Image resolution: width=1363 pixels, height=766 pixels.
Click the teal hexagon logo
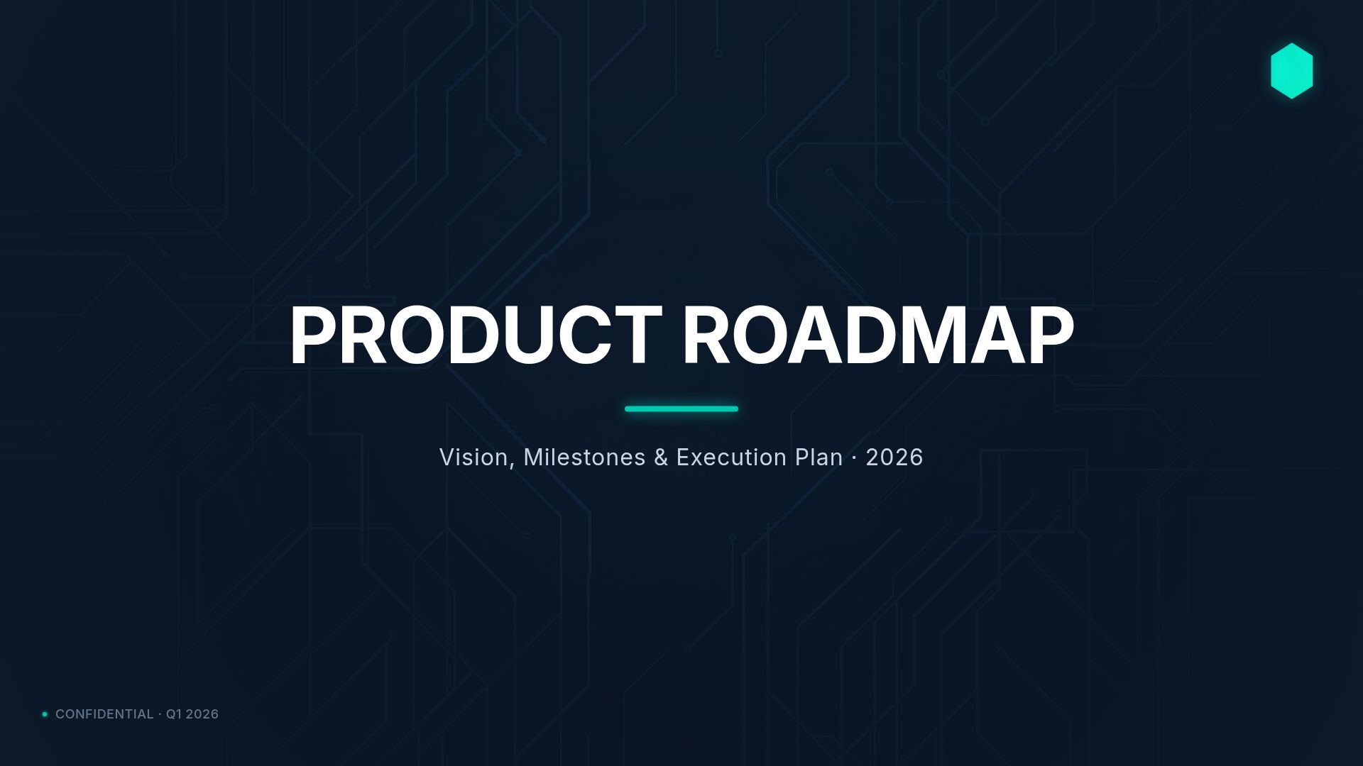pos(1291,71)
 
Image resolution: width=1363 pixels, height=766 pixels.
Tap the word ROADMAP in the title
pos(877,335)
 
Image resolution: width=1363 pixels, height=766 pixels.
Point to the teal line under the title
pos(681,409)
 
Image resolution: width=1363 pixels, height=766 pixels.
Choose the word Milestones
pos(584,457)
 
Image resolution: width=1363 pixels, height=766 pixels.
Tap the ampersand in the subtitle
pos(661,457)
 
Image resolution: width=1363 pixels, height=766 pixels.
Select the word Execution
pos(731,457)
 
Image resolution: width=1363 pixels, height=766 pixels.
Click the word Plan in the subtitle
pos(819,457)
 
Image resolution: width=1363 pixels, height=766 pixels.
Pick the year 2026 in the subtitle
pos(894,457)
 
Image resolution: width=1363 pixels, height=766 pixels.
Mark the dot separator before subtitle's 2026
pos(854,458)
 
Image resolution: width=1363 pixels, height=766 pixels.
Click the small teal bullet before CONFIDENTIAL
pos(45,714)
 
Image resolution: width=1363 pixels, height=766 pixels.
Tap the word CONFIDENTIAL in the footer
pos(104,714)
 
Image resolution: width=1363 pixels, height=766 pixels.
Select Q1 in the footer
pos(174,714)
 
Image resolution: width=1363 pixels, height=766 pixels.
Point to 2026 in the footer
pos(202,714)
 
